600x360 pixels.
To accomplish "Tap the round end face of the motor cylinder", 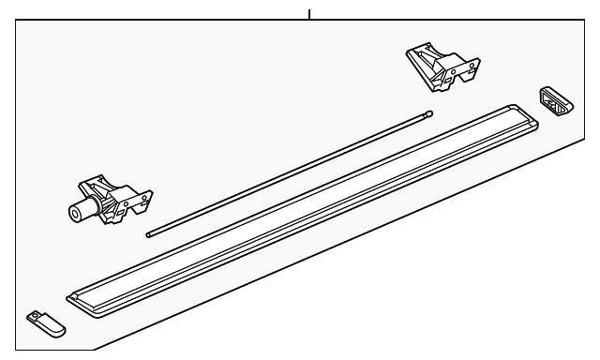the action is tap(73, 213).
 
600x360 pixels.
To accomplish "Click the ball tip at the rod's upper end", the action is tap(429, 115).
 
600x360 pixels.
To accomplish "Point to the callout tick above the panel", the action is tap(308, 14).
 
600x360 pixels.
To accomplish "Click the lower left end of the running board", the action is tap(75, 301).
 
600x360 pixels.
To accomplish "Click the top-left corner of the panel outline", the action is tap(16, 21).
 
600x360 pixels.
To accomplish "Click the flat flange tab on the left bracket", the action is tap(142, 198).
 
